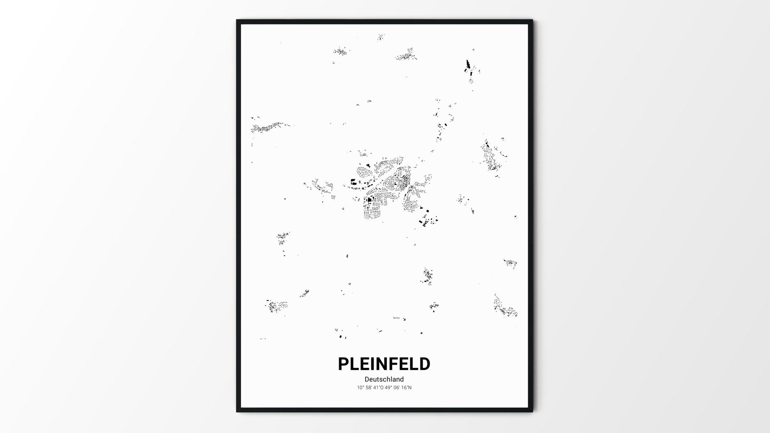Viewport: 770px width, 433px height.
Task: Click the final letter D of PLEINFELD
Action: (424, 364)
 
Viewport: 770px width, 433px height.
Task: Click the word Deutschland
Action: (384, 379)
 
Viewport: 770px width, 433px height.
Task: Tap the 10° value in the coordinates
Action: (361, 388)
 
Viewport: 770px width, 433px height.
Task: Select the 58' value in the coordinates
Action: (369, 388)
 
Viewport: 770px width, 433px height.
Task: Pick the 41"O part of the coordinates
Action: (378, 388)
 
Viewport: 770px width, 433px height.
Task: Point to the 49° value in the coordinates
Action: (388, 388)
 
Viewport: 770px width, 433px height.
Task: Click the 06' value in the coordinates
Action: (397, 388)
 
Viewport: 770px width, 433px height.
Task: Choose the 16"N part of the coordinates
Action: (407, 388)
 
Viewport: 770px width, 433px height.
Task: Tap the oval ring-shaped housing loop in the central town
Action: (364, 172)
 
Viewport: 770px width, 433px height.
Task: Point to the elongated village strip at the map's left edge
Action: (267, 127)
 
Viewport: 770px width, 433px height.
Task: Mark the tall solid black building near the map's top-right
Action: (467, 64)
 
